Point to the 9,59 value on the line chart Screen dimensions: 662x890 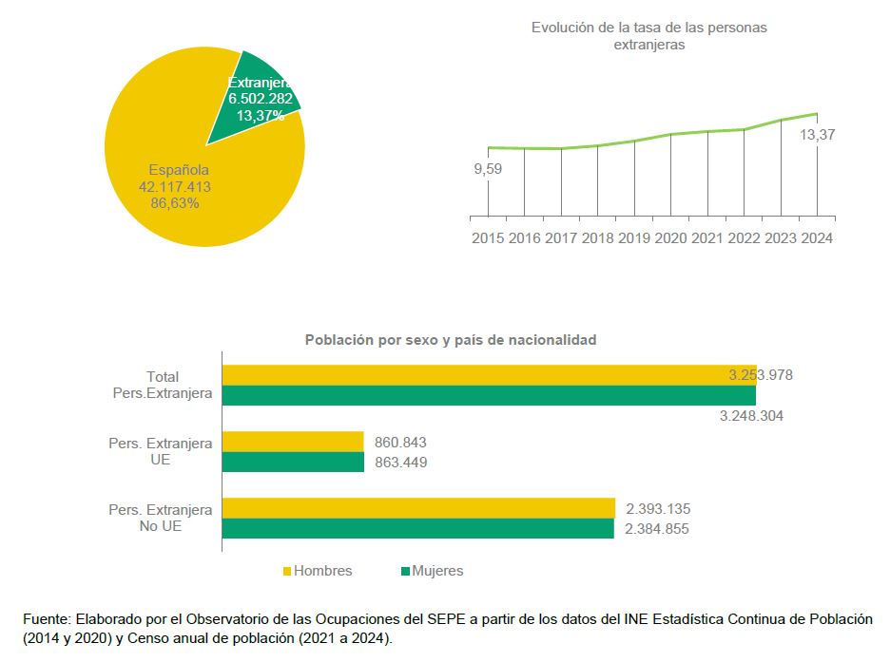pyautogui.click(x=488, y=169)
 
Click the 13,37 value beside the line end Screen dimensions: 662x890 pyautogui.click(x=818, y=136)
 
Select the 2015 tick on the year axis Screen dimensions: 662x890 pyautogui.click(x=489, y=238)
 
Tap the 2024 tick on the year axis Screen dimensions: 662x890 pyautogui.click(x=817, y=238)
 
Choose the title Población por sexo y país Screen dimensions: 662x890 pyautogui.click(x=451, y=339)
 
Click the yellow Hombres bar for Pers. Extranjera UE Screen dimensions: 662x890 pyautogui.click(x=293, y=442)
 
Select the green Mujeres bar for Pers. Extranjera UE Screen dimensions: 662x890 pyautogui.click(x=293, y=463)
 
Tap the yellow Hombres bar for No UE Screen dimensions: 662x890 pyautogui.click(x=418, y=508)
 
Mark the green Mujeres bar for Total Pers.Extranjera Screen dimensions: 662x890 pyautogui.click(x=489, y=395)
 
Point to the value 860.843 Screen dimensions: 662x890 pyautogui.click(x=400, y=443)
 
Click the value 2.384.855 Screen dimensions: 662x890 pyautogui.click(x=657, y=529)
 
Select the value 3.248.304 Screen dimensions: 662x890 pyautogui.click(x=752, y=416)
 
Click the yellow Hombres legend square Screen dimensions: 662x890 pyautogui.click(x=286, y=572)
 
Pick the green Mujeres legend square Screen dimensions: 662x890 pyautogui.click(x=404, y=572)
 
